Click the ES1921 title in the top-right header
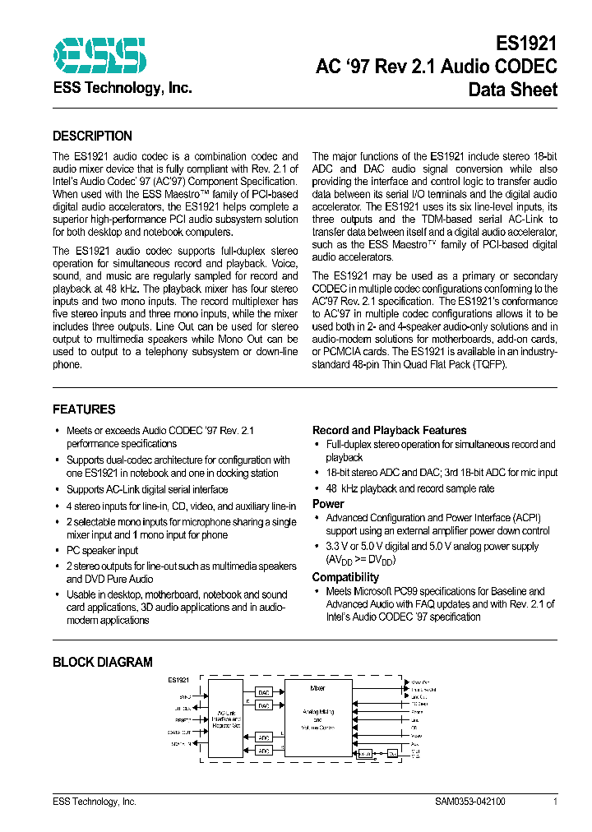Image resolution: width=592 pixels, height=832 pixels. [526, 44]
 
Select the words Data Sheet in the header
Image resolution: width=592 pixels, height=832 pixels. [512, 90]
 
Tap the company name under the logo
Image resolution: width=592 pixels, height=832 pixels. [123, 88]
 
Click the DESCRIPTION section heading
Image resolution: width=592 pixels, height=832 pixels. [92, 136]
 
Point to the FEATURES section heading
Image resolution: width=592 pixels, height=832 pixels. [84, 409]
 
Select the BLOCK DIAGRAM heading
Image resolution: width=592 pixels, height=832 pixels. [103, 662]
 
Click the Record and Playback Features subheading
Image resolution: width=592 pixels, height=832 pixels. [389, 430]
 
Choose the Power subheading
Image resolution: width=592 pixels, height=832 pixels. [328, 503]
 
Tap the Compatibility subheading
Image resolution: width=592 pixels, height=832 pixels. [345, 577]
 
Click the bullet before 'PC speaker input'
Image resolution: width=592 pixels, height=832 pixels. [57, 551]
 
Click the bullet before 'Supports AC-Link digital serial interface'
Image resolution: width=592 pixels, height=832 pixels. [57, 490]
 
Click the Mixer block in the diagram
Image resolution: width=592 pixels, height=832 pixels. [317, 719]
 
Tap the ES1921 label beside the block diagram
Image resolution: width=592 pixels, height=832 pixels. [178, 680]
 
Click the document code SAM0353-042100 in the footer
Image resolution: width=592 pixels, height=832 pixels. [470, 802]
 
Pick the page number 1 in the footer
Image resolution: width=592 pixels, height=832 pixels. [556, 802]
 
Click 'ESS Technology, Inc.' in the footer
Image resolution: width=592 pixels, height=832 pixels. [95, 802]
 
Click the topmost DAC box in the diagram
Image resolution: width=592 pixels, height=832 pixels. [263, 691]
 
